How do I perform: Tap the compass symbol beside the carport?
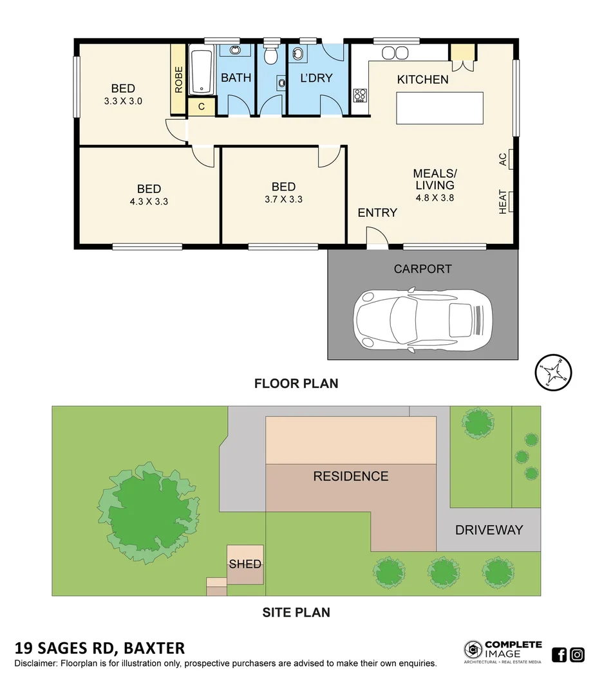click(x=553, y=372)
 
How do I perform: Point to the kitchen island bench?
click(x=439, y=108)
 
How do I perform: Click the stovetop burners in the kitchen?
click(x=360, y=96)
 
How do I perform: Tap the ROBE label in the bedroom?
click(x=178, y=79)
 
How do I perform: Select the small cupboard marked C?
click(x=202, y=107)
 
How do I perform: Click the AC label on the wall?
click(x=503, y=159)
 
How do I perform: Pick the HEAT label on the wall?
click(x=503, y=201)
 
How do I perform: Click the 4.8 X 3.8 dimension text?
click(x=435, y=198)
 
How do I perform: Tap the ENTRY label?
click(x=377, y=213)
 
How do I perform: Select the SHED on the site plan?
click(x=245, y=564)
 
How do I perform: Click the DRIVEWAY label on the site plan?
click(x=489, y=530)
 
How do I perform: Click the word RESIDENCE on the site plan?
click(x=351, y=476)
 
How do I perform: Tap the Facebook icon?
click(x=560, y=655)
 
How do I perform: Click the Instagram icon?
click(x=578, y=655)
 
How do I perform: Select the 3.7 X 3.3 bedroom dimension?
click(x=283, y=199)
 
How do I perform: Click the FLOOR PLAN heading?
click(x=296, y=384)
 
